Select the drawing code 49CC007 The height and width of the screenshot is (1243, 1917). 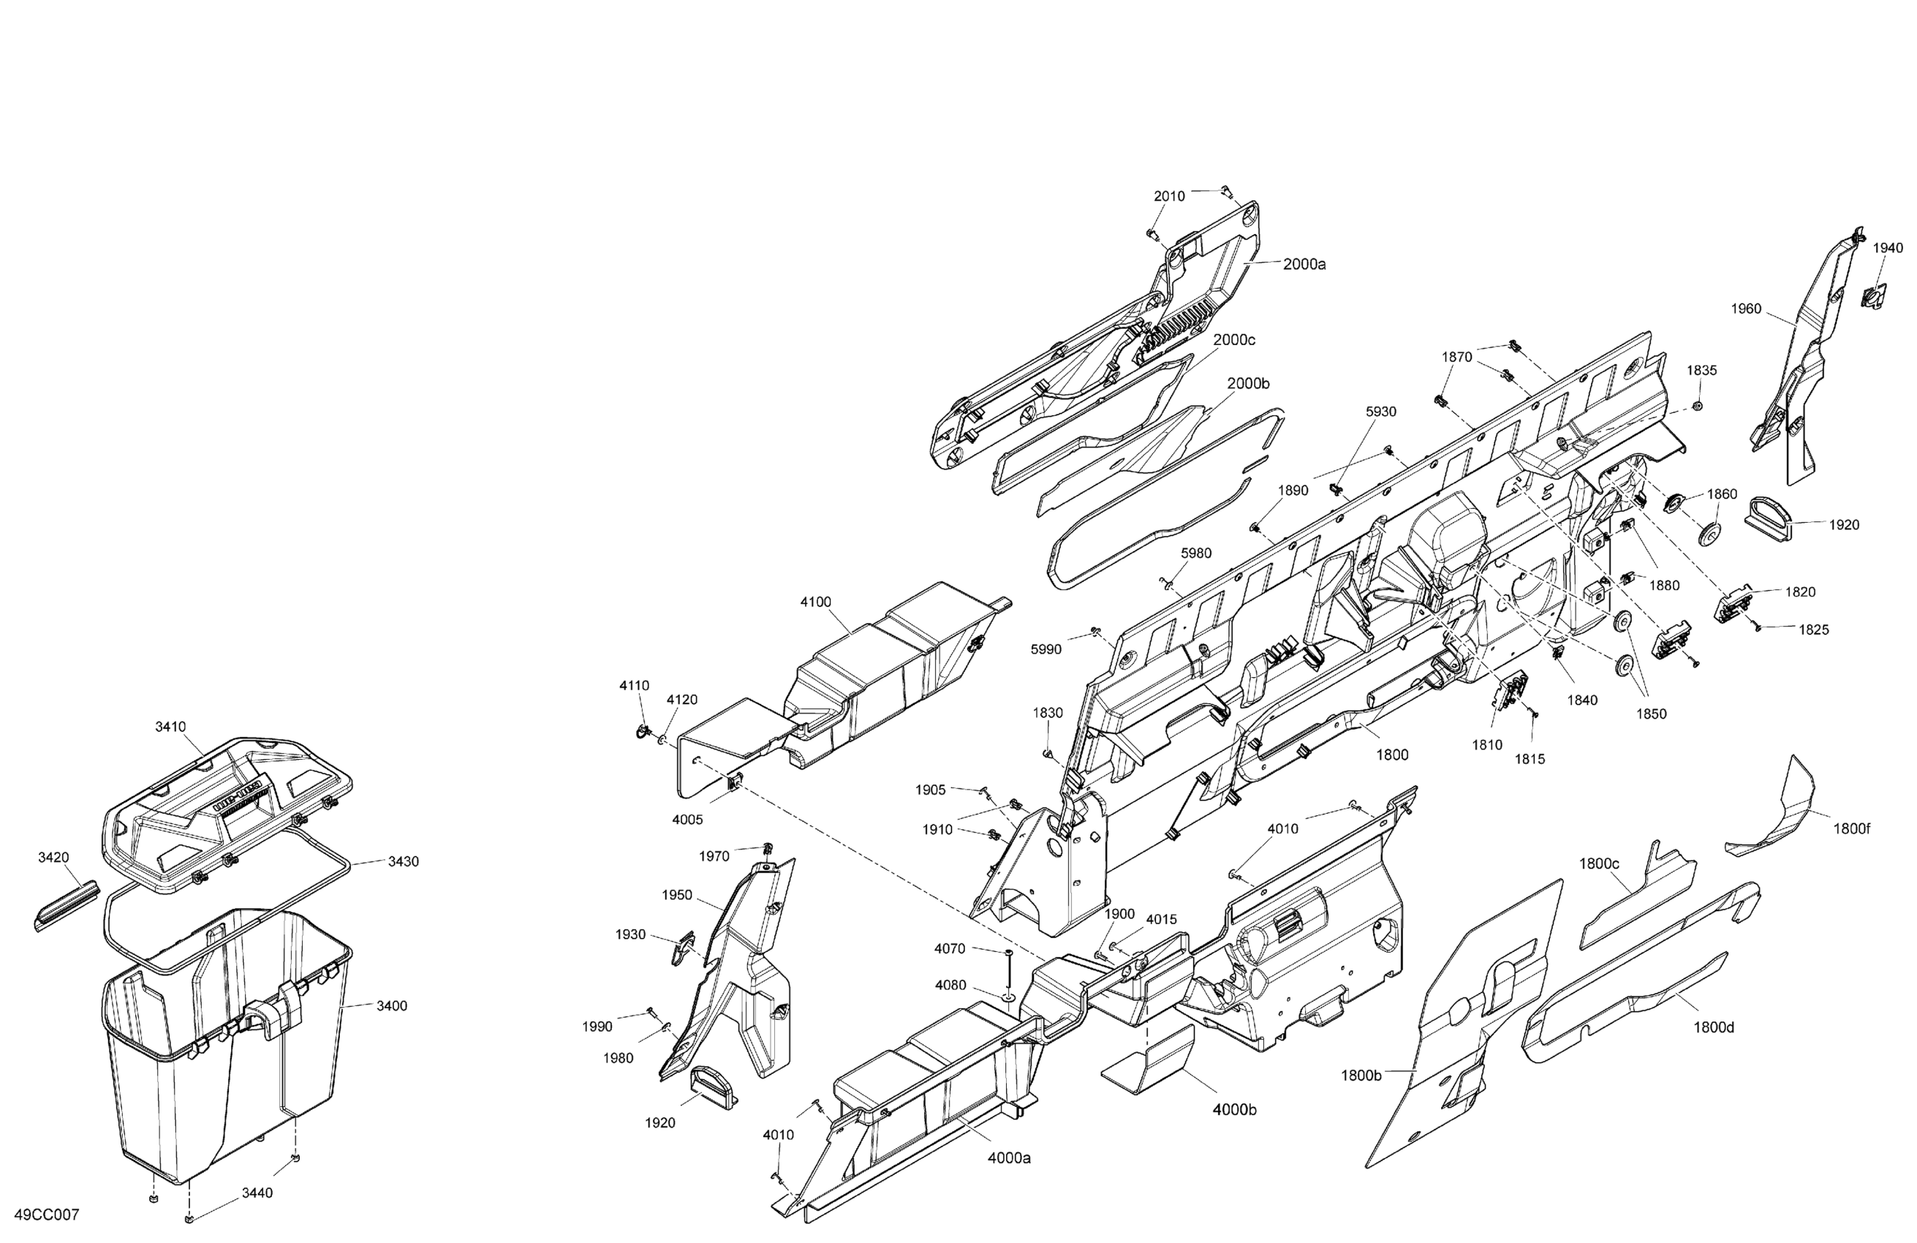coord(47,1214)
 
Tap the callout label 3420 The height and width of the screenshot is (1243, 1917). coord(53,858)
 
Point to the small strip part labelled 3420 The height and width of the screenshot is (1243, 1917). coord(66,904)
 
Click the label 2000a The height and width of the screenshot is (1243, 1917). coord(1304,264)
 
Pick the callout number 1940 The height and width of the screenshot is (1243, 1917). coord(1887,248)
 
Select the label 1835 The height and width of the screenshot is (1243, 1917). coord(1702,371)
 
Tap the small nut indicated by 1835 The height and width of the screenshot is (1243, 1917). coord(1697,405)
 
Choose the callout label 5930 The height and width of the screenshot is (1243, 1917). coord(1380,412)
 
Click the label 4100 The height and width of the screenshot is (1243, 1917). coord(816,602)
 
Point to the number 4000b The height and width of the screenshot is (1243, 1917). coord(1234,1110)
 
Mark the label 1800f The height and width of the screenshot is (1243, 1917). coord(1852,829)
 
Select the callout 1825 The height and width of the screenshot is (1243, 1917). coord(1814,630)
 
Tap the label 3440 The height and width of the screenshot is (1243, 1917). coord(257,1193)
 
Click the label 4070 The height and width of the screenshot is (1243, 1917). coord(950,949)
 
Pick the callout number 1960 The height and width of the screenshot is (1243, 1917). coord(1746,309)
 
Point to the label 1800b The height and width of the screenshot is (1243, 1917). coord(1361,1076)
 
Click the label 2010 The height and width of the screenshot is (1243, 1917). coord(1170,197)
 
